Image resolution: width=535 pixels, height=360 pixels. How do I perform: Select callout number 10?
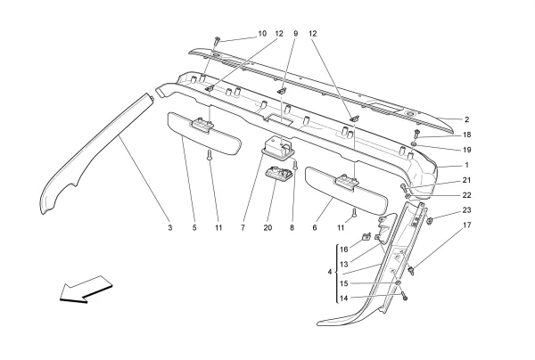pyautogui.click(x=262, y=34)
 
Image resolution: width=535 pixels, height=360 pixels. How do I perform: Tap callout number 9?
pyautogui.click(x=296, y=34)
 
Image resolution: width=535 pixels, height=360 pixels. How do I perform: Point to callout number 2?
pyautogui.click(x=465, y=119)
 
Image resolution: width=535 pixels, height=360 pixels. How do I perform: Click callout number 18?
pyautogui.click(x=465, y=135)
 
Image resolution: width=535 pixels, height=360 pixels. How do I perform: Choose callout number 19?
pyautogui.click(x=465, y=150)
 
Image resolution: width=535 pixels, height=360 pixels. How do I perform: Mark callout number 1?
pyautogui.click(x=465, y=165)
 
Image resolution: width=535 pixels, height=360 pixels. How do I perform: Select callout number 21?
pyautogui.click(x=465, y=180)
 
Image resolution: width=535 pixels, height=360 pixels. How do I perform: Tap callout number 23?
pyautogui.click(x=465, y=210)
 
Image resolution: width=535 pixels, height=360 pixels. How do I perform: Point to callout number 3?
pyautogui.click(x=169, y=228)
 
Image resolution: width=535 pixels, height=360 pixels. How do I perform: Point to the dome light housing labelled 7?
pyautogui.click(x=277, y=147)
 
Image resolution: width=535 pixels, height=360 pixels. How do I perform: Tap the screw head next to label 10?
pyautogui.click(x=218, y=40)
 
